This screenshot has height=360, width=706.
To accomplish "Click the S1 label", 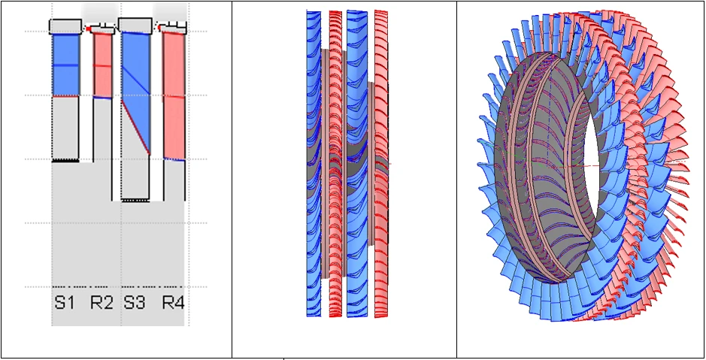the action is click(x=64, y=302).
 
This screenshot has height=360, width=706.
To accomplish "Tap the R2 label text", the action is click(x=102, y=302).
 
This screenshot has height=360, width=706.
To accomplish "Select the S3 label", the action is click(x=135, y=302).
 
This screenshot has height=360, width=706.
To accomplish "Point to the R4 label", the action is click(x=174, y=302).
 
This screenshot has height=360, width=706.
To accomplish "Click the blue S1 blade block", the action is click(x=65, y=65).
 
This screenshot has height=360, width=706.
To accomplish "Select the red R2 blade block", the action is click(x=103, y=65).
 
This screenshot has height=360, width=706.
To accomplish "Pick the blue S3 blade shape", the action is click(x=135, y=81).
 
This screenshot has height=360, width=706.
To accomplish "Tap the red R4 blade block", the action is click(x=174, y=95).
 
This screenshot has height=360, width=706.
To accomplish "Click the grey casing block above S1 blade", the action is click(x=65, y=26).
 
